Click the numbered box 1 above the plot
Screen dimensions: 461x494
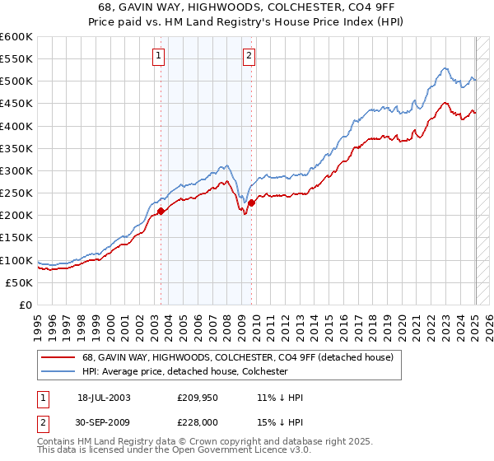click(157, 56)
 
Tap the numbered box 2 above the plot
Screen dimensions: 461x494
click(248, 56)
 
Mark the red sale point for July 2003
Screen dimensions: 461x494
click(161, 212)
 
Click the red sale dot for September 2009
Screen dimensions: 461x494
click(252, 203)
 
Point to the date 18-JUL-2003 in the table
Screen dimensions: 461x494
click(104, 398)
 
